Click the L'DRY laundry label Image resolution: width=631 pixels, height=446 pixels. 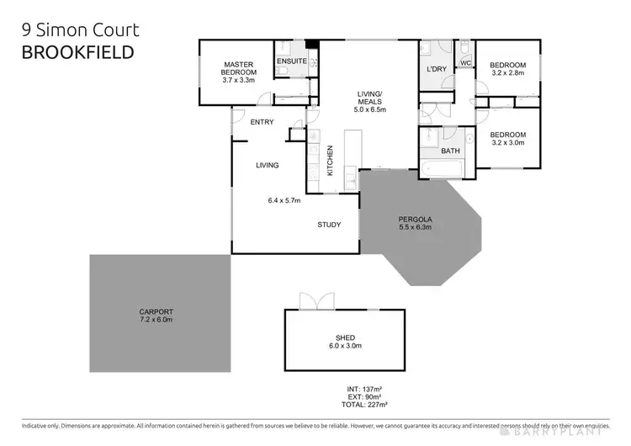(436, 68)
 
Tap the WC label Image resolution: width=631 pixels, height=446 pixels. (464, 63)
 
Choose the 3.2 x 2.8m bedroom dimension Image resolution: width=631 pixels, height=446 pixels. (508, 74)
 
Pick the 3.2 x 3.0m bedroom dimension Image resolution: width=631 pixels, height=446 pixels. (508, 143)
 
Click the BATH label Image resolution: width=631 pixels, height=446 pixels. (451, 151)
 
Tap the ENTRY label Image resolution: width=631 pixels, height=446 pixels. (262, 122)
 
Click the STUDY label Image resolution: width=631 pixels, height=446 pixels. (328, 225)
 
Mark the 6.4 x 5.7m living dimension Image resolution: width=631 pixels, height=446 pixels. (284, 200)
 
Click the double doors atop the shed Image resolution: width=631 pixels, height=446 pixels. (311, 300)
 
